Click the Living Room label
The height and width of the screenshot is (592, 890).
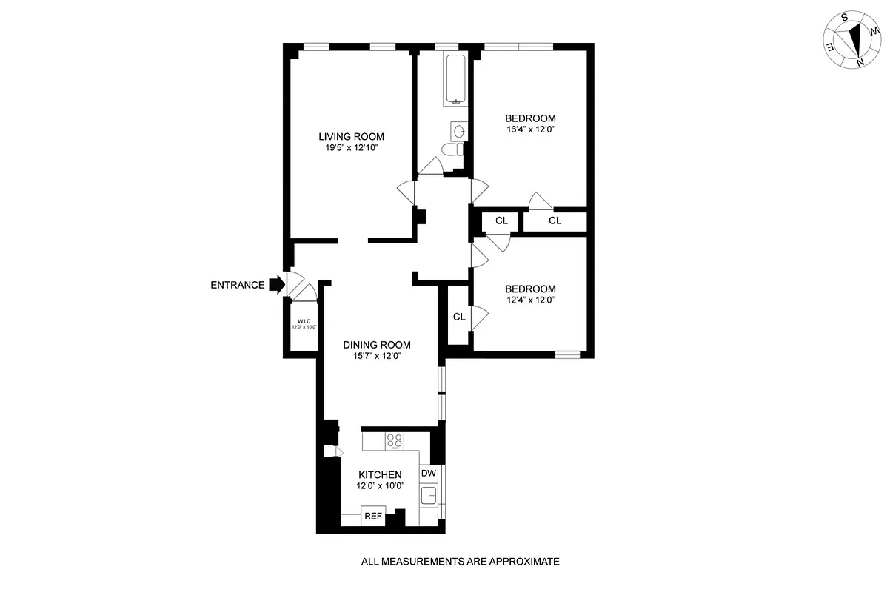click(x=351, y=136)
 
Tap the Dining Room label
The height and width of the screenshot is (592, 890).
click(x=376, y=345)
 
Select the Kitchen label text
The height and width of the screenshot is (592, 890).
click(x=380, y=474)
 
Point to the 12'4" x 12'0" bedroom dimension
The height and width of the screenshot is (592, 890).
click(x=530, y=300)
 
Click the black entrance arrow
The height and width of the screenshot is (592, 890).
click(x=276, y=284)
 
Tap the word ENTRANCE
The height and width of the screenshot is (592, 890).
click(x=237, y=285)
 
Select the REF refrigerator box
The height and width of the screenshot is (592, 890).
click(x=372, y=516)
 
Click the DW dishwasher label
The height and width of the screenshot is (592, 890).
click(x=428, y=473)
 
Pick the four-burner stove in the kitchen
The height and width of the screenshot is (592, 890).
click(x=395, y=441)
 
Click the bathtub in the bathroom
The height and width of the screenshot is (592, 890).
click(x=454, y=79)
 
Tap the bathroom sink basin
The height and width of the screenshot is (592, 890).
click(x=459, y=132)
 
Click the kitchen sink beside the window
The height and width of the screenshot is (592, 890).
click(x=429, y=496)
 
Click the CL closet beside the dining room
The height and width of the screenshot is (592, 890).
click(x=459, y=317)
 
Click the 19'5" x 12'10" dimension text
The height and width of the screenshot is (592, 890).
click(x=351, y=148)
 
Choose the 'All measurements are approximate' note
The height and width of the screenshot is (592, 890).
click(x=460, y=562)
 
